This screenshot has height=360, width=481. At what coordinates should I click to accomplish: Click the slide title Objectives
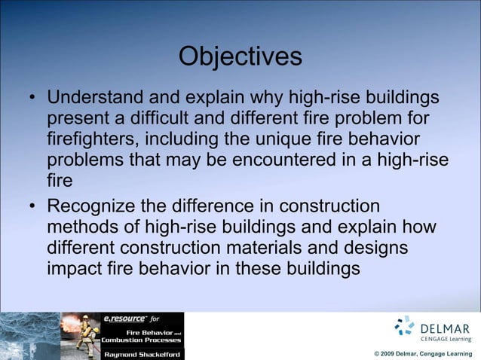(240, 56)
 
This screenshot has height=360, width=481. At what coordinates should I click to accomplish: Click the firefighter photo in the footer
(79, 335)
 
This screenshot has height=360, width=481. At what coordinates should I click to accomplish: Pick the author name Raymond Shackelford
(142, 354)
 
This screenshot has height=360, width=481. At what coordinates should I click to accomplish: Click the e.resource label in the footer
(122, 318)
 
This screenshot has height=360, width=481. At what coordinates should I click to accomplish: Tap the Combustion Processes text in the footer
(142, 340)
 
